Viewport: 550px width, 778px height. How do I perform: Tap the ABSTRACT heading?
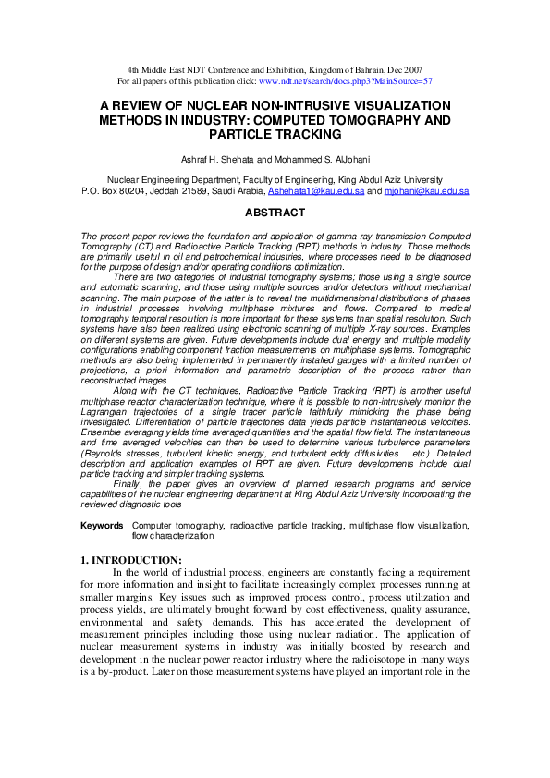coord(275,213)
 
